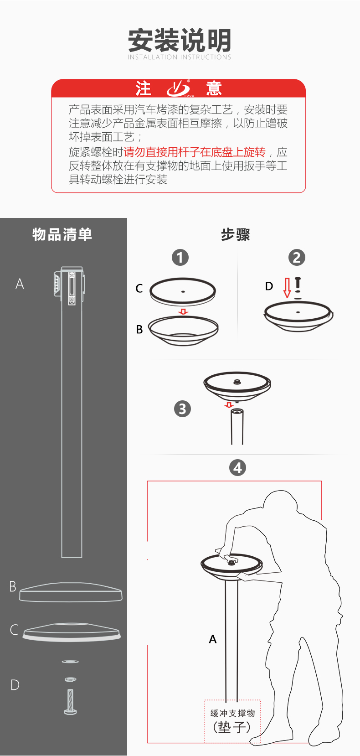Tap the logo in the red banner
coord(179,88)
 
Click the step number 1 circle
coord(180,258)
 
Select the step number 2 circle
coord(297,258)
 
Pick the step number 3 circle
coord(182,409)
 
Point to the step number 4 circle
coord(237,468)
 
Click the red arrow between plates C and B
coord(183,312)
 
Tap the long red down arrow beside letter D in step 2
coord(287,287)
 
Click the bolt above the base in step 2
coord(298,284)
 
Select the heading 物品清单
coord(62,234)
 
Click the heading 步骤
coord(236,235)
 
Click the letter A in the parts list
coord(20,284)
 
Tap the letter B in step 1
coord(139,329)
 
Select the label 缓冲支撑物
coord(232,713)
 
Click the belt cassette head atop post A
coord(69,285)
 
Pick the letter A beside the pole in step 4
coord(212,639)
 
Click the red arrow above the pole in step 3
coord(229,405)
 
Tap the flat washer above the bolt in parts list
coord(70,662)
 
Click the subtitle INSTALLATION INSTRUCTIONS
coord(180,57)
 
